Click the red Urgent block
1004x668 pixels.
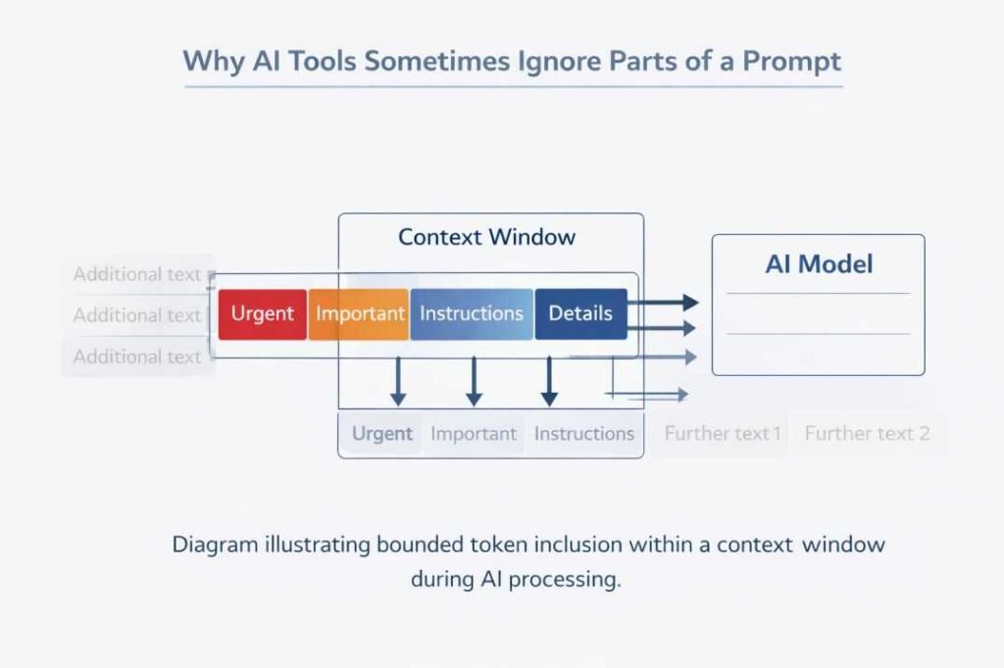(262, 314)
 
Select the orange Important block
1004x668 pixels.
(359, 314)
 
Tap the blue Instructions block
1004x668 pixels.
(472, 314)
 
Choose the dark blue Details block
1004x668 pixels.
(580, 314)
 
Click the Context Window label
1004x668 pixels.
(487, 237)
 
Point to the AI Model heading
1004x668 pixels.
(819, 263)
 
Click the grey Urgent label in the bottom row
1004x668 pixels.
(382, 434)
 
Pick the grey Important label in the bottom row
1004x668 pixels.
(474, 434)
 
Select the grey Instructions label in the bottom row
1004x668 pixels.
(584, 434)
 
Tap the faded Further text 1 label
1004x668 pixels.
(723, 433)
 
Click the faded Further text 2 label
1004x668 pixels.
(867, 433)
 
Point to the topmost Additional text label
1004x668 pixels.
(137, 274)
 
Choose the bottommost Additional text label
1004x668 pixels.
(137, 357)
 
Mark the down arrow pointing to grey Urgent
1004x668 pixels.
(397, 381)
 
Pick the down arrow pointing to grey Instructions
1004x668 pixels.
(549, 381)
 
